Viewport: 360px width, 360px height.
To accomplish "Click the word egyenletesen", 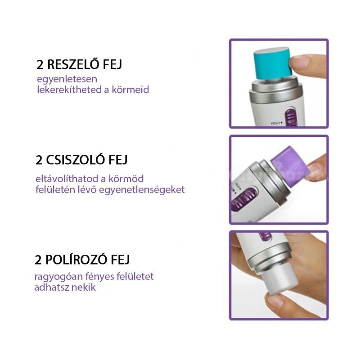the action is click(x=67, y=80).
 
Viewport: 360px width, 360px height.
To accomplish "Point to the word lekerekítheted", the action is click(x=69, y=89).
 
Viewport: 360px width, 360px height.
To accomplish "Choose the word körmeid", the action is click(x=130, y=89).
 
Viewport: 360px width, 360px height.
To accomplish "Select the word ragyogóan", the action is click(x=58, y=277).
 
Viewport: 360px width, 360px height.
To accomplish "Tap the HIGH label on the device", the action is click(x=276, y=123).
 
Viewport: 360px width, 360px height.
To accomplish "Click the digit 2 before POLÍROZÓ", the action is click(x=38, y=260).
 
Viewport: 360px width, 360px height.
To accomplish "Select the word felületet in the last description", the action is click(x=135, y=276).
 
